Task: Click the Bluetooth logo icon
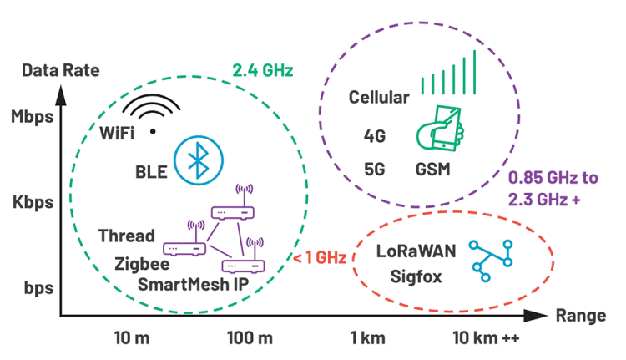pos(199,160)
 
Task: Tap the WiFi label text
pos(117,133)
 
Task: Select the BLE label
pos(151,172)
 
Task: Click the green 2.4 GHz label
pos(263,70)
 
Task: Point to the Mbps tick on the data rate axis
pos(33,117)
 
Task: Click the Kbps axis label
pos(33,202)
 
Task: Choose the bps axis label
pos(38,288)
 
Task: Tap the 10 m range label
pos(132,338)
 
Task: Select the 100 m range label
pos(250,338)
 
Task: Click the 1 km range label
pos(368,338)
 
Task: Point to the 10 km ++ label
pos(486,338)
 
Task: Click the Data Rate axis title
pos(61,70)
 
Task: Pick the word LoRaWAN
pos(416,251)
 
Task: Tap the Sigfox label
pos(416,276)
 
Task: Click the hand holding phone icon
pos(440,129)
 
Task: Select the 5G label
pos(375,170)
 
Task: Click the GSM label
pos(432,170)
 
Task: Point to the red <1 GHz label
pos(320,257)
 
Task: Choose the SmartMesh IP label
pos(194,285)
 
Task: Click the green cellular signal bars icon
pos(448,73)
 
